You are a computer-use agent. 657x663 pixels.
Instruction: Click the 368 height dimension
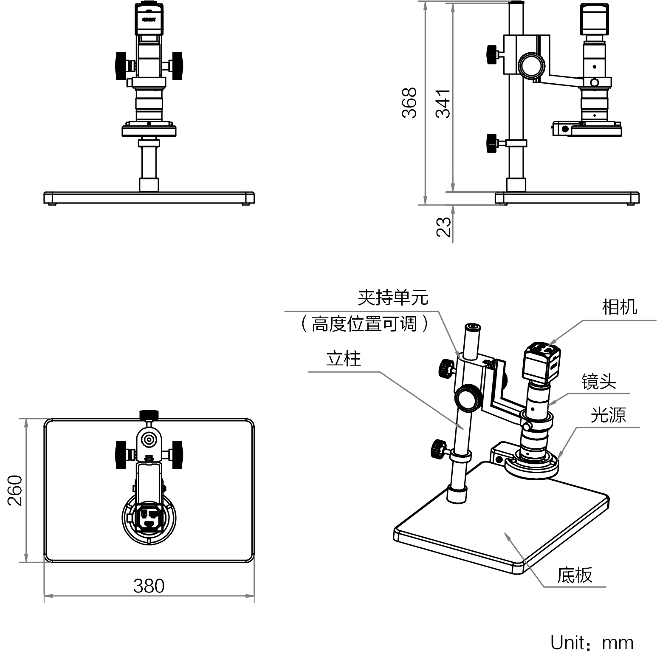pyautogui.click(x=409, y=102)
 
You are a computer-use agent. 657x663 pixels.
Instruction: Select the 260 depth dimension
pyautogui.click(x=15, y=490)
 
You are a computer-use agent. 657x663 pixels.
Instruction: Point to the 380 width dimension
pyautogui.click(x=149, y=586)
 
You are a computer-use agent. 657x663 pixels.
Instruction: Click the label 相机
pyautogui.click(x=619, y=306)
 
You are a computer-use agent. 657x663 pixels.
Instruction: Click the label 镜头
pyautogui.click(x=598, y=381)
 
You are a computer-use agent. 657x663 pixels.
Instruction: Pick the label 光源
pyautogui.click(x=608, y=414)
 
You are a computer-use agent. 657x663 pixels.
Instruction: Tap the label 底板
pyautogui.click(x=574, y=575)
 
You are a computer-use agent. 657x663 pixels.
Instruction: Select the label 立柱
pyautogui.click(x=343, y=359)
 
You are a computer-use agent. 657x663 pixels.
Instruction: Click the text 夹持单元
pyautogui.click(x=393, y=297)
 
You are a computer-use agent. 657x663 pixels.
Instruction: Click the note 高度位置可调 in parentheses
pyautogui.click(x=364, y=324)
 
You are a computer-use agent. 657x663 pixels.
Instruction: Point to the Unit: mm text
pyautogui.click(x=592, y=643)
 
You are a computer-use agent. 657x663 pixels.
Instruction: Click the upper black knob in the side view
pyautogui.click(x=492, y=54)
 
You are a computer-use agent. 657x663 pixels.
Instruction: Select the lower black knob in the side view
pyautogui.click(x=491, y=143)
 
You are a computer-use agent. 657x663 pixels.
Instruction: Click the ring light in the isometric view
pyautogui.click(x=532, y=469)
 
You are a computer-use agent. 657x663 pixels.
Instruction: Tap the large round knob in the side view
pyautogui.click(x=531, y=65)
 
